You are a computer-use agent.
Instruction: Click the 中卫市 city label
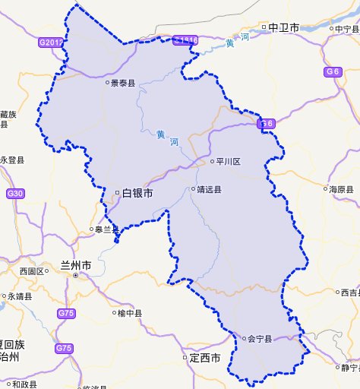coord(278,28)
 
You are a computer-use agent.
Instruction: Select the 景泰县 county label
coord(122,84)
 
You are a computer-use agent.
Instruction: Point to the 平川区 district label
coord(228,162)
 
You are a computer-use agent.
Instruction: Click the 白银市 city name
coord(137,193)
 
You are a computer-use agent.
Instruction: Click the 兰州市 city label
coord(75,266)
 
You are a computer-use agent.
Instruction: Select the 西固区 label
coord(33,271)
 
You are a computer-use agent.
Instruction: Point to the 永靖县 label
coord(20,297)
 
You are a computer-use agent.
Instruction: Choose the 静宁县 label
coord(350,368)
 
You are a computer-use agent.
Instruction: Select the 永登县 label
coord(13,160)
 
